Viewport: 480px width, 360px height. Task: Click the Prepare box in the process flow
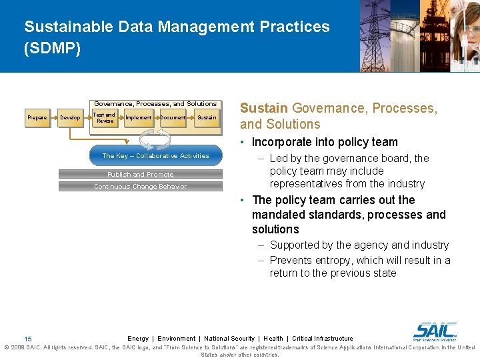click(x=37, y=118)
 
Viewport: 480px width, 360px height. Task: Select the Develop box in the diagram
click(x=70, y=118)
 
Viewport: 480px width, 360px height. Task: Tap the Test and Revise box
click(x=105, y=118)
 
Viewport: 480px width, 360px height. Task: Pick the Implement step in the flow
click(x=138, y=118)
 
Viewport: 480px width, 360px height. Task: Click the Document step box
click(x=173, y=118)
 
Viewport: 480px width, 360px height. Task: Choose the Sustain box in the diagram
click(x=207, y=118)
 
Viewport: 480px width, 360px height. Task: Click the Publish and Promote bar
click(x=140, y=175)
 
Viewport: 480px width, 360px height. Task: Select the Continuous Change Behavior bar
click(x=140, y=187)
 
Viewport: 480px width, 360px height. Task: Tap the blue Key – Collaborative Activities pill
click(x=155, y=155)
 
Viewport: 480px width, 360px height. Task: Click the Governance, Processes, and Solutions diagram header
click(x=155, y=104)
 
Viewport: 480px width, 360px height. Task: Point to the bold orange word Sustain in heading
click(x=264, y=108)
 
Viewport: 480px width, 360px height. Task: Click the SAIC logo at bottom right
click(x=435, y=330)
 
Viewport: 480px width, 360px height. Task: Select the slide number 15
click(x=27, y=339)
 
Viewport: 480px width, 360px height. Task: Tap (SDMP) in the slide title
click(x=52, y=49)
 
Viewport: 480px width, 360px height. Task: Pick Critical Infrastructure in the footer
click(x=323, y=339)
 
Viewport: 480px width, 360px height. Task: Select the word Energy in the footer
click(x=138, y=339)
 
